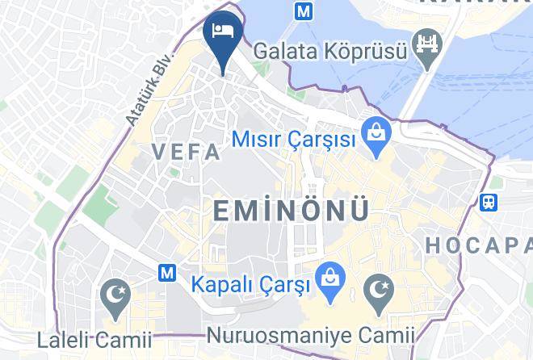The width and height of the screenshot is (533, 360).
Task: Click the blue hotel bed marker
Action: coord(222,33)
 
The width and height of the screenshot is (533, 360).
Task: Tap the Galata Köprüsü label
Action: coord(329,50)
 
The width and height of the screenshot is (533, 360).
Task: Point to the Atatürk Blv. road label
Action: coord(139,95)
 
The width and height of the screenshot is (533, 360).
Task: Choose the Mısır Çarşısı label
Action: coord(294,139)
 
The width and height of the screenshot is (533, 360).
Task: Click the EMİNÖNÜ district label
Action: coord(291,211)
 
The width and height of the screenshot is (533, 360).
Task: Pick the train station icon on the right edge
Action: coord(489,202)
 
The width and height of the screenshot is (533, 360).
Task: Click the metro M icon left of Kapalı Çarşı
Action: coord(168,274)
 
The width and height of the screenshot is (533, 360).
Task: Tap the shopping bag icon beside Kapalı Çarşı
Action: coord(328,278)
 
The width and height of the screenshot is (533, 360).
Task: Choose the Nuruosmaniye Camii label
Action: coord(311,334)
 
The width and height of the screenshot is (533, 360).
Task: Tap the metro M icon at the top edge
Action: coord(304,12)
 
